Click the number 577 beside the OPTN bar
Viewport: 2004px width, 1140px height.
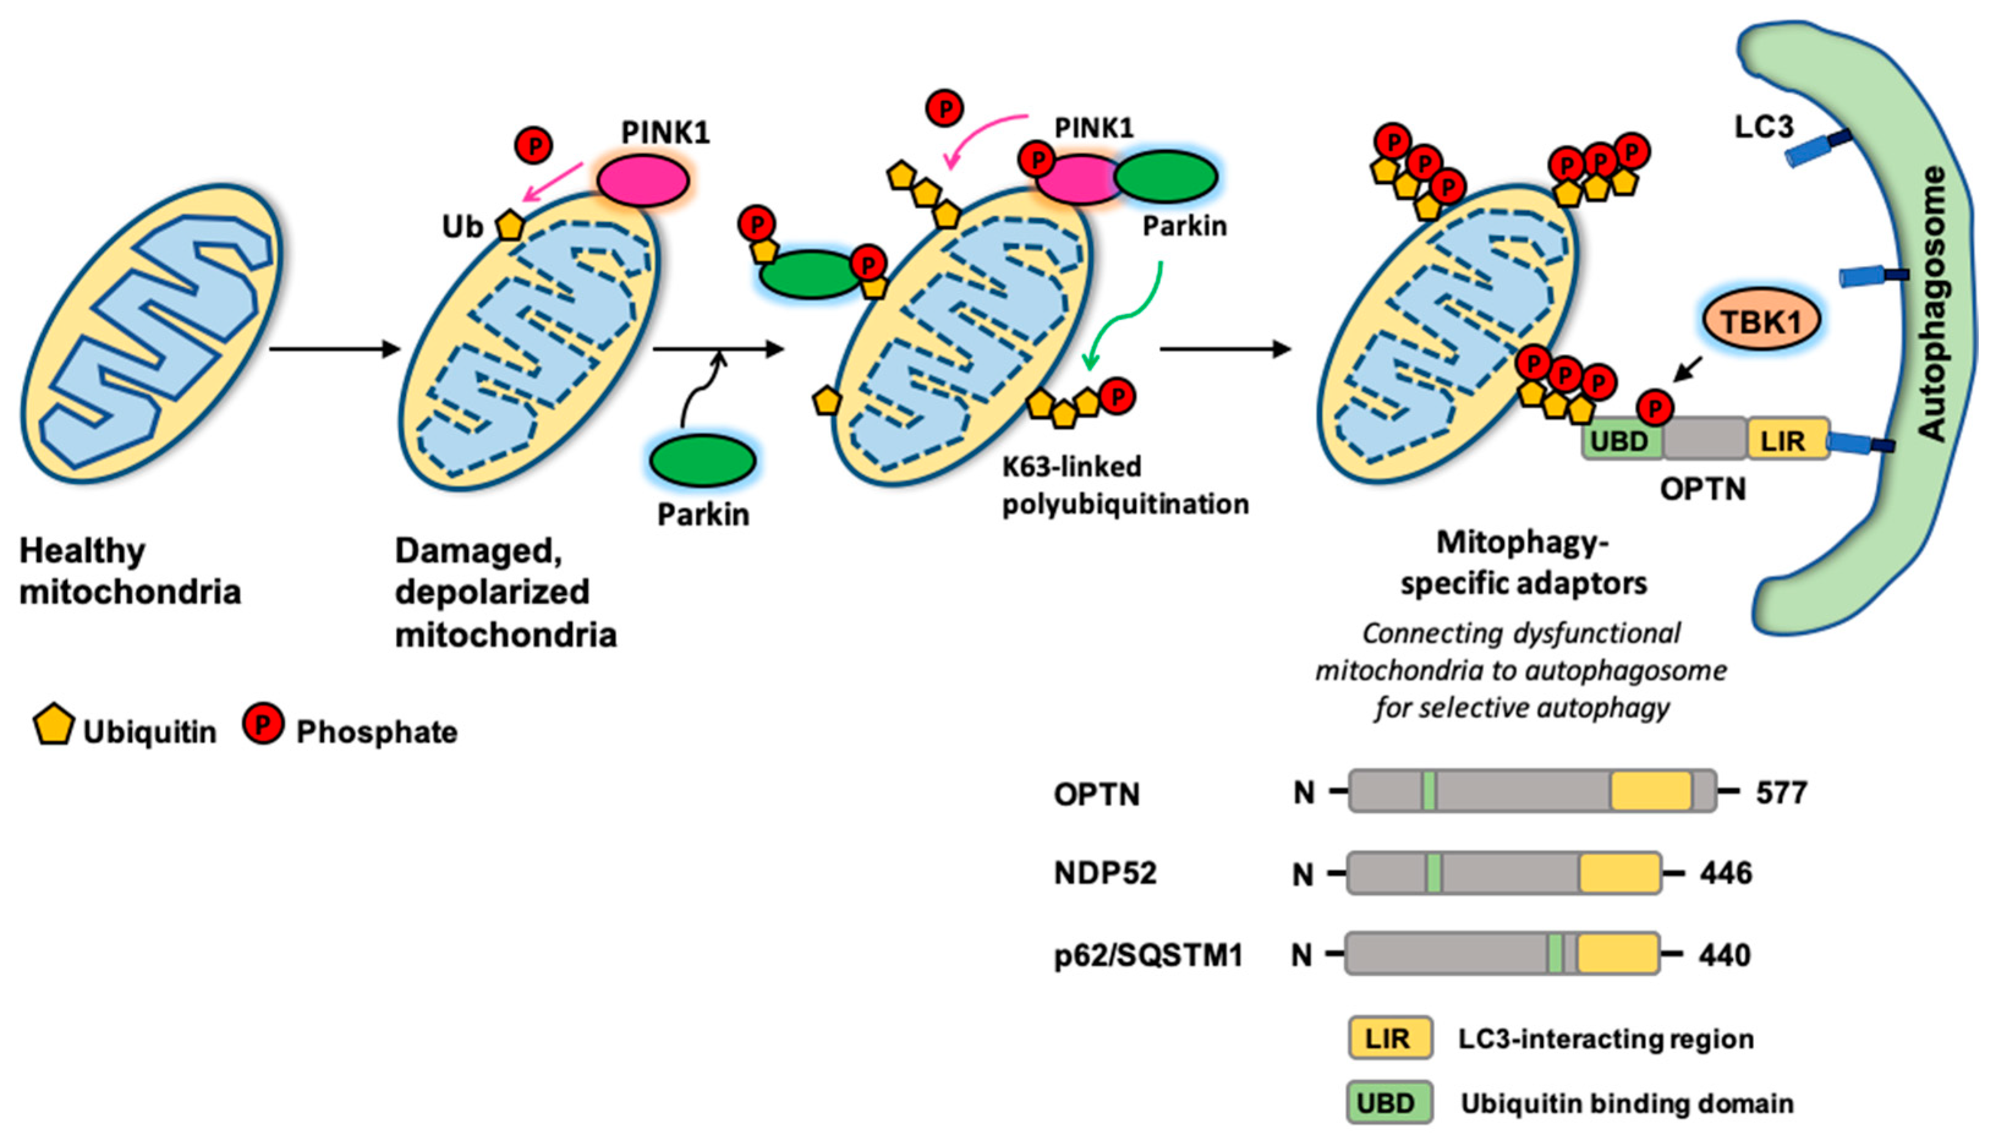(1781, 793)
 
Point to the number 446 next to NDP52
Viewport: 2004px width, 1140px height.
(1725, 872)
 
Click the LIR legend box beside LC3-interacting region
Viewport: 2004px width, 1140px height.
(1389, 1038)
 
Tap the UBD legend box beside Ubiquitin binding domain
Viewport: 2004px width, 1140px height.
(1389, 1103)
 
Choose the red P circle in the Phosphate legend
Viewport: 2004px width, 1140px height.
(263, 724)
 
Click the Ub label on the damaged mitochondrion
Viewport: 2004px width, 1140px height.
(462, 227)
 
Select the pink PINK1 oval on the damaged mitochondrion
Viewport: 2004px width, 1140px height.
(643, 180)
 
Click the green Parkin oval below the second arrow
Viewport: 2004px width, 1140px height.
(702, 461)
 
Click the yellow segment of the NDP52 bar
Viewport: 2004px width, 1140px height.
(1618, 873)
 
